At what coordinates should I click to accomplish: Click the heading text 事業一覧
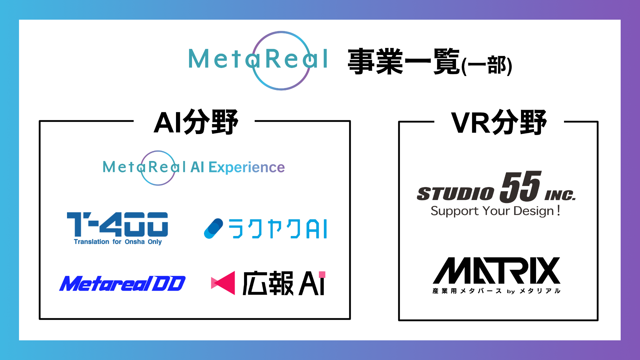[404, 61]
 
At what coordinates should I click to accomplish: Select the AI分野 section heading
[196, 122]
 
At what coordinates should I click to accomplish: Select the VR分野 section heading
[499, 123]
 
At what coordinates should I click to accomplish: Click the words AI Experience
[238, 167]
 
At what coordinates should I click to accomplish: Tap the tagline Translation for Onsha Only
[118, 242]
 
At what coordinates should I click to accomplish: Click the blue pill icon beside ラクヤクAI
[213, 229]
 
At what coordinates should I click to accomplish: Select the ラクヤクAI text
[278, 229]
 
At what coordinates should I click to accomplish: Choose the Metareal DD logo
[122, 284]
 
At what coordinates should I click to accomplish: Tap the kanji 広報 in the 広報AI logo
[268, 283]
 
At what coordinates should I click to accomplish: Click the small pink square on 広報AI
[322, 274]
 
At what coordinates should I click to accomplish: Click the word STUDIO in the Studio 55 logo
[455, 194]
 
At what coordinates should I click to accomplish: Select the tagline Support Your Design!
[495, 211]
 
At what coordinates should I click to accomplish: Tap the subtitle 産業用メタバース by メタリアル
[496, 291]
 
